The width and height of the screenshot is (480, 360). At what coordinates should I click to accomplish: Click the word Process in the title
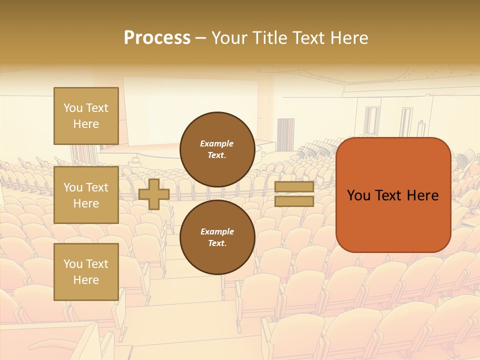(x=157, y=38)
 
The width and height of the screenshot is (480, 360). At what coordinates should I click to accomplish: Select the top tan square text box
(x=86, y=116)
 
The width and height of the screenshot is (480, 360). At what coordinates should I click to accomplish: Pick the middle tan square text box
(x=86, y=195)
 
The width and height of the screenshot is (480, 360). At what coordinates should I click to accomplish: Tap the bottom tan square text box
(x=86, y=271)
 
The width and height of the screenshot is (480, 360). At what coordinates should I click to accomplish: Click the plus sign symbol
(x=153, y=194)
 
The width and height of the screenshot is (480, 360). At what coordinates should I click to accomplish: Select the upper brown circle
(x=217, y=149)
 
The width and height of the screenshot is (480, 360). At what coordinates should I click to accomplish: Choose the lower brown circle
(x=217, y=237)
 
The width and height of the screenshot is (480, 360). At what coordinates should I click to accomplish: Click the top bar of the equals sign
(x=294, y=187)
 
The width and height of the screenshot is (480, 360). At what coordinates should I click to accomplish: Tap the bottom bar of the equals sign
(x=294, y=201)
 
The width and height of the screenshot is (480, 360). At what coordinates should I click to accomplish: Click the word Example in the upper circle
(x=217, y=143)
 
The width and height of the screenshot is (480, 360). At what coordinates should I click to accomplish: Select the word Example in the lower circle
(x=217, y=231)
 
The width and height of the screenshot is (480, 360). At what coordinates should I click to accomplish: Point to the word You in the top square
(x=73, y=108)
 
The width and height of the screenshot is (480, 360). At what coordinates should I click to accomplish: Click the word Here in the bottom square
(x=86, y=280)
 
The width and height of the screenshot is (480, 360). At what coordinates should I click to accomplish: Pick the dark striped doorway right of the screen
(x=285, y=134)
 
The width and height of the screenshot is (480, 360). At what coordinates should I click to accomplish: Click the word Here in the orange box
(x=422, y=195)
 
